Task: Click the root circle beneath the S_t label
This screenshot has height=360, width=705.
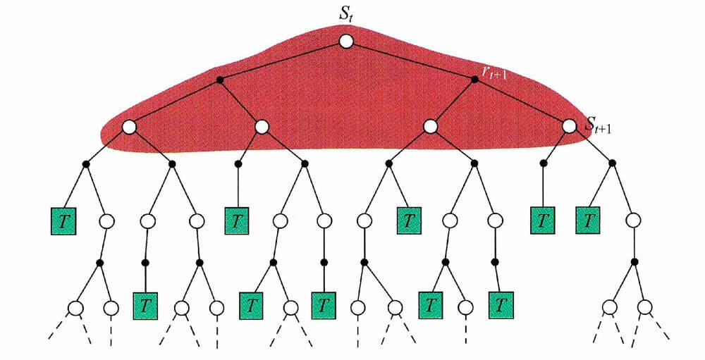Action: [345, 42]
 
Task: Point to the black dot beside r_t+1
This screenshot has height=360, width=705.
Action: [474, 79]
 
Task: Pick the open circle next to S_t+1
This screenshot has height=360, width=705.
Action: [570, 127]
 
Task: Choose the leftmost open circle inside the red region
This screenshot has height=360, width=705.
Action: [129, 127]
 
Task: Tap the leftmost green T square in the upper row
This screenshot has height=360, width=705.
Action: [63, 221]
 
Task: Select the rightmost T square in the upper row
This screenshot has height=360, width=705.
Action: [588, 221]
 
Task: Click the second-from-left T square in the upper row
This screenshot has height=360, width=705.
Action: [237, 221]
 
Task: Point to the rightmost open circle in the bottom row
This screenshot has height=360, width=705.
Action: [644, 307]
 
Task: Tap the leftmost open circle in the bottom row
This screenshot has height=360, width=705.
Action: [75, 307]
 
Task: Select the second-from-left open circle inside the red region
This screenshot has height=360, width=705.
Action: [262, 127]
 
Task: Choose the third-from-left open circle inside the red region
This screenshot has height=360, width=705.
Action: [431, 127]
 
